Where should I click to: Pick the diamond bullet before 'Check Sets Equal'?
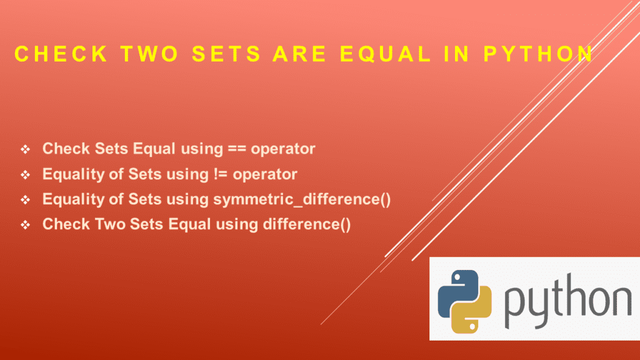pyautogui.click(x=26, y=150)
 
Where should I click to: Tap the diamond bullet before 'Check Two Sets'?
pyautogui.click(x=26, y=225)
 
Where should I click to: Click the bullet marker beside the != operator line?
pyautogui.click(x=26, y=175)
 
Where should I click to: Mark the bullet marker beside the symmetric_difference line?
pyautogui.click(x=26, y=200)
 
